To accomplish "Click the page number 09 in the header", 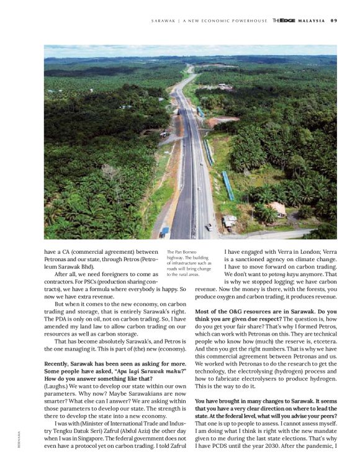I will pos(333,20).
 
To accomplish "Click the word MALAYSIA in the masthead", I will pos(311,20).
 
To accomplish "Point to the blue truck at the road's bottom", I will pos(164,231).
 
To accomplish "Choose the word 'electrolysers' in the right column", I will pos(293,377).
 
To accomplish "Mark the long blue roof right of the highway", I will pos(228,185).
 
